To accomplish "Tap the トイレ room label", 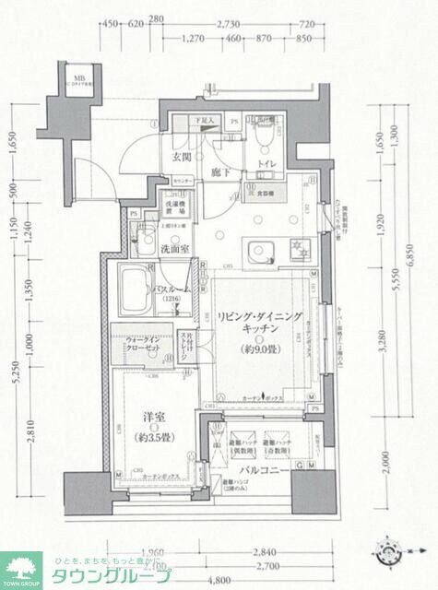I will [x=267, y=166].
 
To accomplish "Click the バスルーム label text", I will [x=176, y=289].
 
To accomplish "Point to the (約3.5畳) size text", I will [x=145, y=435].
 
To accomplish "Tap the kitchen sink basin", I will [x=256, y=249].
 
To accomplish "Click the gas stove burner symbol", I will [x=298, y=248].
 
